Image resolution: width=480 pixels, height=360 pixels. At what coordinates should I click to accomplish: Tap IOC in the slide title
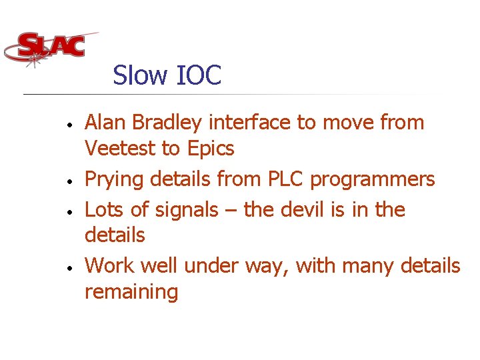coord(199,75)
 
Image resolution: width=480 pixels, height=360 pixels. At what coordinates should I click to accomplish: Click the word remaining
coord(131,293)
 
